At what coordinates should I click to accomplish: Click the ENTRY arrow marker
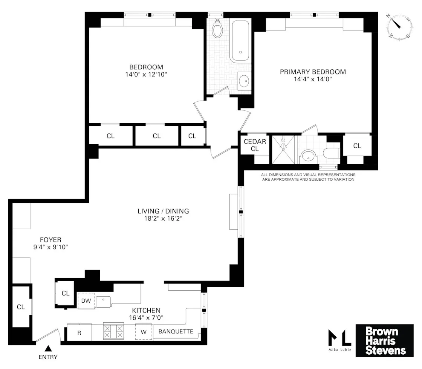pyautogui.click(x=48, y=348)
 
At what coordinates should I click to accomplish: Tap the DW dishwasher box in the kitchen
pyautogui.click(x=86, y=300)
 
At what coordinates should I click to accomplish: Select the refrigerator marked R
pyautogui.click(x=79, y=333)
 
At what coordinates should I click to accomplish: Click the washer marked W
pyautogui.click(x=144, y=332)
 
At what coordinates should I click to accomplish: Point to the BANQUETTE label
pyautogui.click(x=176, y=332)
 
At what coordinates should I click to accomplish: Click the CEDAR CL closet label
pyautogui.click(x=255, y=145)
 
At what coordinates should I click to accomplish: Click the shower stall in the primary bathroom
pyautogui.click(x=284, y=149)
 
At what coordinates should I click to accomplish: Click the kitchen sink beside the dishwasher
pyautogui.click(x=102, y=301)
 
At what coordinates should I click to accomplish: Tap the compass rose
pyautogui.click(x=398, y=27)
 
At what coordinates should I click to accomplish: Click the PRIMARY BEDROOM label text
pyautogui.click(x=313, y=72)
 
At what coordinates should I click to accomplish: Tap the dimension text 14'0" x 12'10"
pyautogui.click(x=146, y=75)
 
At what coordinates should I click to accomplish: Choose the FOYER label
pyautogui.click(x=50, y=239)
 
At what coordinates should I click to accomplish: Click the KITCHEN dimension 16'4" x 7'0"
pyautogui.click(x=146, y=317)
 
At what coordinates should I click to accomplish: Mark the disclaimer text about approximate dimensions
pyautogui.click(x=308, y=177)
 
